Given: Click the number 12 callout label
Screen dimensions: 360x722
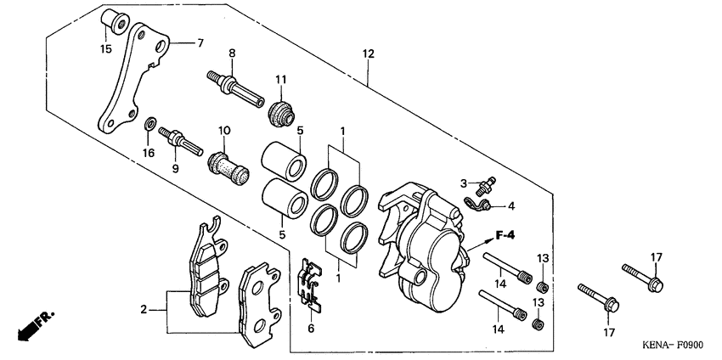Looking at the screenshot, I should [x=368, y=53].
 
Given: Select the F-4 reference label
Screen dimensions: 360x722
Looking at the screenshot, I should [x=508, y=235].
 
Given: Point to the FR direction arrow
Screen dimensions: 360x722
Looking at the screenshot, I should [x=34, y=326].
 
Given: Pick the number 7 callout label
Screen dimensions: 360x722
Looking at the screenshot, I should [x=200, y=42].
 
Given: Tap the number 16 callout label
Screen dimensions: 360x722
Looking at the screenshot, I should [x=149, y=153].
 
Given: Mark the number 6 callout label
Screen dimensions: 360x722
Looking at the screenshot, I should [x=311, y=328].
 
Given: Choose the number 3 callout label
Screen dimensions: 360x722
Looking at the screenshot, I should [x=464, y=183].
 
